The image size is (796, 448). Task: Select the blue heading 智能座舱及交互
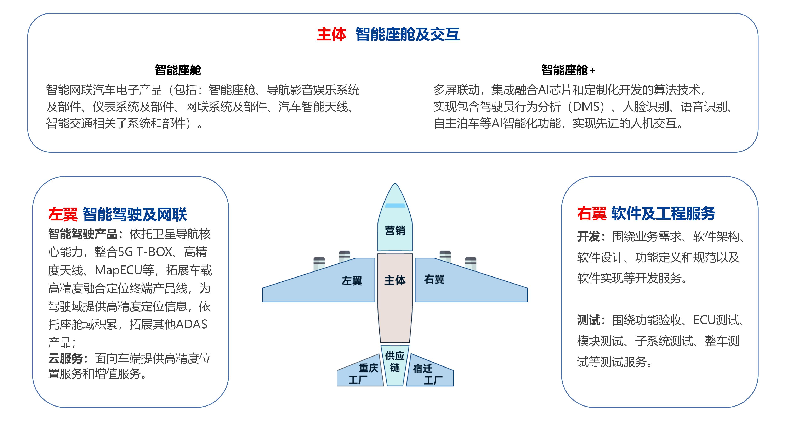[407, 34]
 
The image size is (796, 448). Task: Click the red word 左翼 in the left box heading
[63, 214]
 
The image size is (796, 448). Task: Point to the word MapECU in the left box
[118, 270]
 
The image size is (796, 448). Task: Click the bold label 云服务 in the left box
[65, 359]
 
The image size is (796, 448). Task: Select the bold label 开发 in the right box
[589, 237]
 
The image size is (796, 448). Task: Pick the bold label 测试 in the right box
[589, 320]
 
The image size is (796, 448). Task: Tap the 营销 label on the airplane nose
[395, 231]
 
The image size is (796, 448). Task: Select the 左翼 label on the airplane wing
[352, 281]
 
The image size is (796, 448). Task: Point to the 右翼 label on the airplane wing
[434, 280]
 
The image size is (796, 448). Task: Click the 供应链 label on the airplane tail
[395, 362]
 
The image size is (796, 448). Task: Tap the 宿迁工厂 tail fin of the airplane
[428, 374]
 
